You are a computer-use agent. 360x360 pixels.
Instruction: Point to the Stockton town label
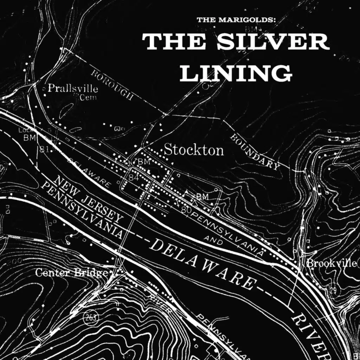click(x=194, y=150)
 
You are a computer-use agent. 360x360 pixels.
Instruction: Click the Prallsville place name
click(x=72, y=88)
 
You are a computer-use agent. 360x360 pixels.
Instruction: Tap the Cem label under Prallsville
click(x=88, y=98)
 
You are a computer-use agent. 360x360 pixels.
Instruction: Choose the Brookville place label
click(x=332, y=263)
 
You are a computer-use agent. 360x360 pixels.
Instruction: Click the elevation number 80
click(x=186, y=210)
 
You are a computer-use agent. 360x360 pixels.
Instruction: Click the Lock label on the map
click(x=24, y=131)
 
